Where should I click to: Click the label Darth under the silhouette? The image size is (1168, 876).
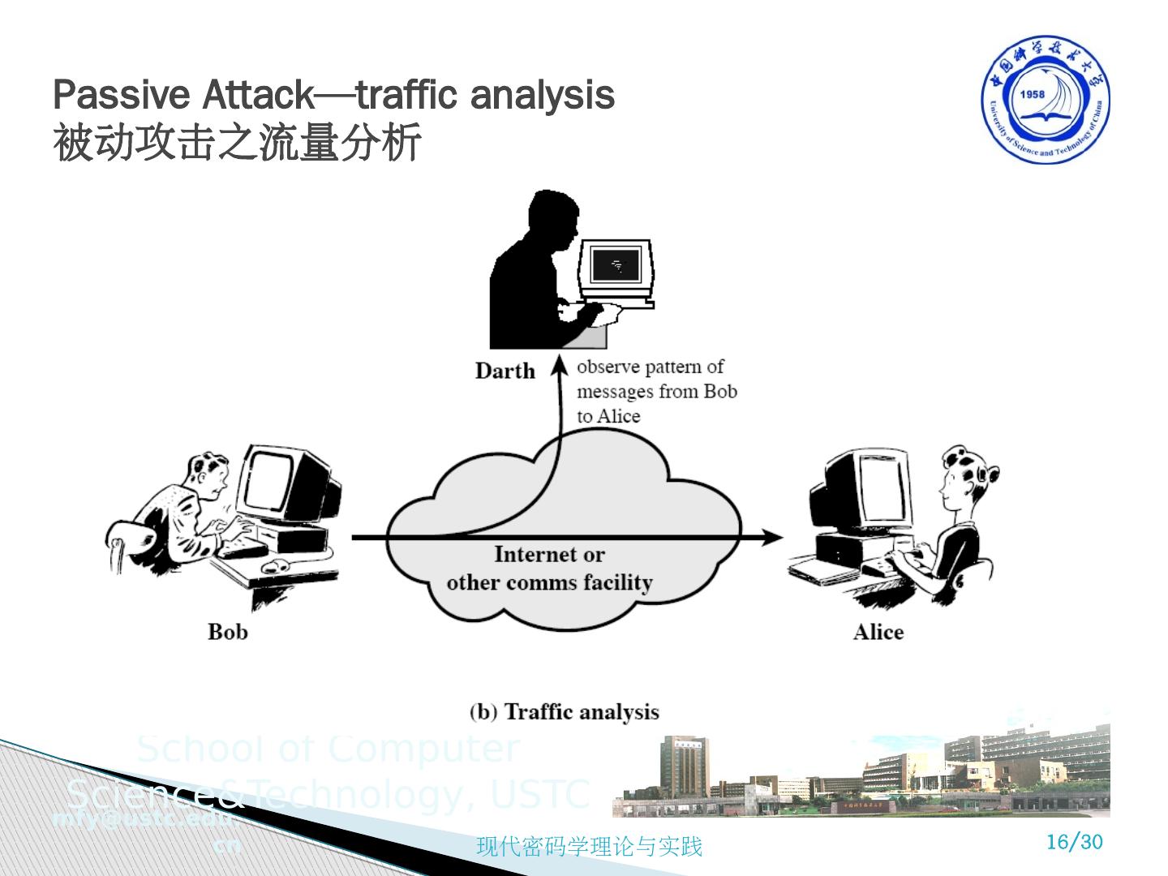505,371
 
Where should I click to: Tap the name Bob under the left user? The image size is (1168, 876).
227,632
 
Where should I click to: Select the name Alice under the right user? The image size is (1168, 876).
878,632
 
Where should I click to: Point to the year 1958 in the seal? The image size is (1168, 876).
1033,94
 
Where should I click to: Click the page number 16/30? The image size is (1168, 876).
1075,842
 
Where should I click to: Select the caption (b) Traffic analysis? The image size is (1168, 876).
565,712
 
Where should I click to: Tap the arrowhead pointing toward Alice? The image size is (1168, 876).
772,537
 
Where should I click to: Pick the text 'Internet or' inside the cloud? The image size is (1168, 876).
549,555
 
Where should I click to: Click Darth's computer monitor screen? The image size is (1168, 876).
617,265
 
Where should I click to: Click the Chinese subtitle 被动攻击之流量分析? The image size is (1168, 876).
237,143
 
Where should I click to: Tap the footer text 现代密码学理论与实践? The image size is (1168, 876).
589,847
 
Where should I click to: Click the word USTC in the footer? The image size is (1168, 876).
540,794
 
